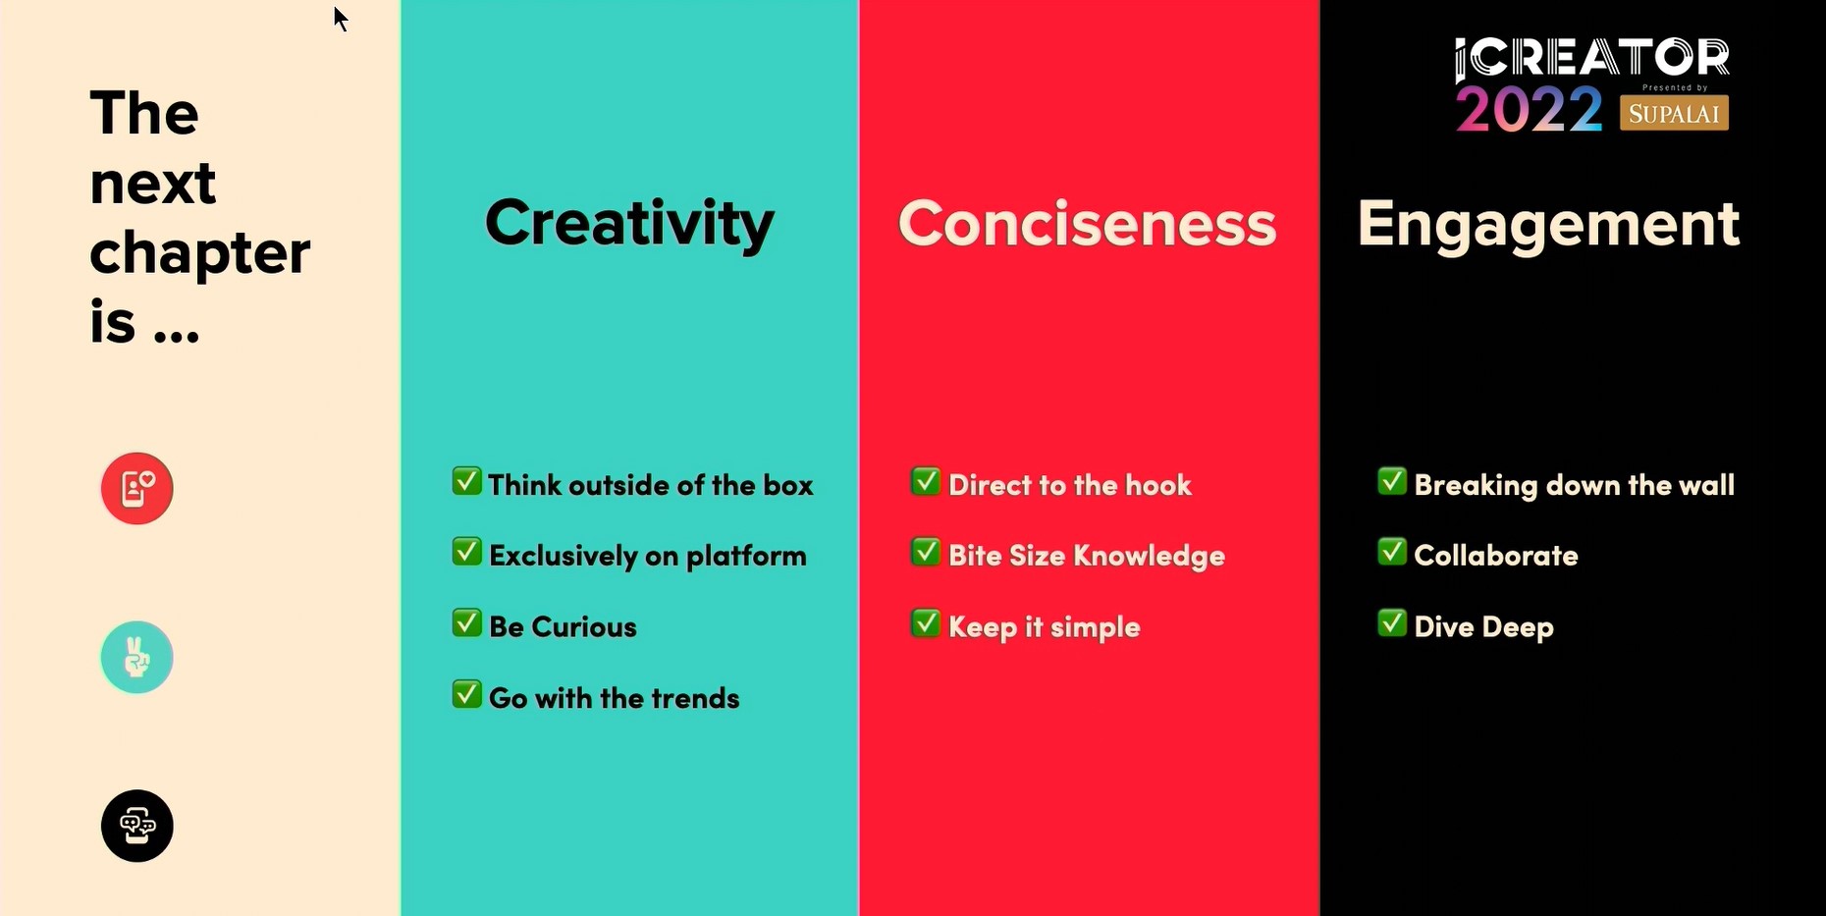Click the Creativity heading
point(629,223)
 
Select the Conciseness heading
point(1087,223)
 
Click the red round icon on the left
point(137,488)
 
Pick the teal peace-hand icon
point(137,657)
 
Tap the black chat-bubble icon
point(137,826)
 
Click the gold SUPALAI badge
point(1674,113)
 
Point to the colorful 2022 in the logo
point(1529,108)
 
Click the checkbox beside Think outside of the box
point(466,481)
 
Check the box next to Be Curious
point(466,623)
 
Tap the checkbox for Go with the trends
point(466,694)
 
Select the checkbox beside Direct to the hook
point(926,481)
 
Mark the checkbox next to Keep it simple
point(926,623)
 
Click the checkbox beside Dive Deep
point(1392,623)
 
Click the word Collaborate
point(1496,556)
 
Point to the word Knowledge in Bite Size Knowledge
point(1149,557)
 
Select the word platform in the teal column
point(746,557)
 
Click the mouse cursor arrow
point(340,19)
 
